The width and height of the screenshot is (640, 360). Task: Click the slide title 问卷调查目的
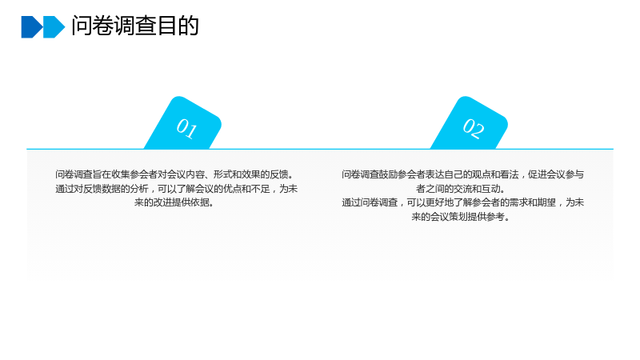pos(135,26)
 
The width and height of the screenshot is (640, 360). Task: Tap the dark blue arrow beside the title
pos(32,27)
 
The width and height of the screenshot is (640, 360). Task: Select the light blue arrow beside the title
pos(54,27)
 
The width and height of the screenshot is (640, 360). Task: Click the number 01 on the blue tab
pos(187,128)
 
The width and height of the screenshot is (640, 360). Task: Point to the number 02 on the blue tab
pos(474,128)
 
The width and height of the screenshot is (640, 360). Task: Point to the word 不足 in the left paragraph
pos(260,189)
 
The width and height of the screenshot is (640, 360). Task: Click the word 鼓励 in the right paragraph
pos(388,174)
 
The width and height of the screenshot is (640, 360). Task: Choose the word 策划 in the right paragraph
pos(458,217)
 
